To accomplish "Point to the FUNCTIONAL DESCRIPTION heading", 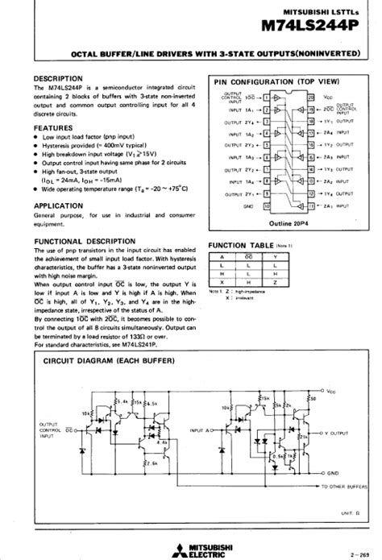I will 85,242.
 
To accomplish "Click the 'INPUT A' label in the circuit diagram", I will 201,432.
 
